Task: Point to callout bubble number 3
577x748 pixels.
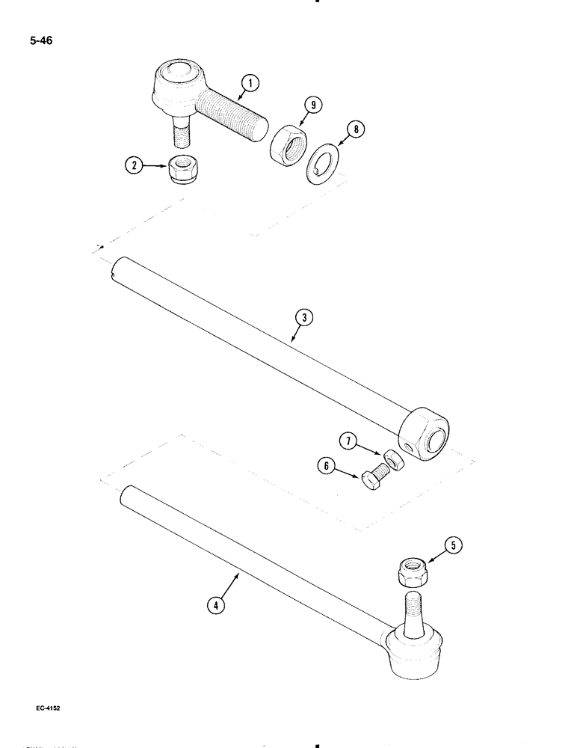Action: (x=301, y=317)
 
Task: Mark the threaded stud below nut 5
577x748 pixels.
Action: (x=415, y=607)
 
